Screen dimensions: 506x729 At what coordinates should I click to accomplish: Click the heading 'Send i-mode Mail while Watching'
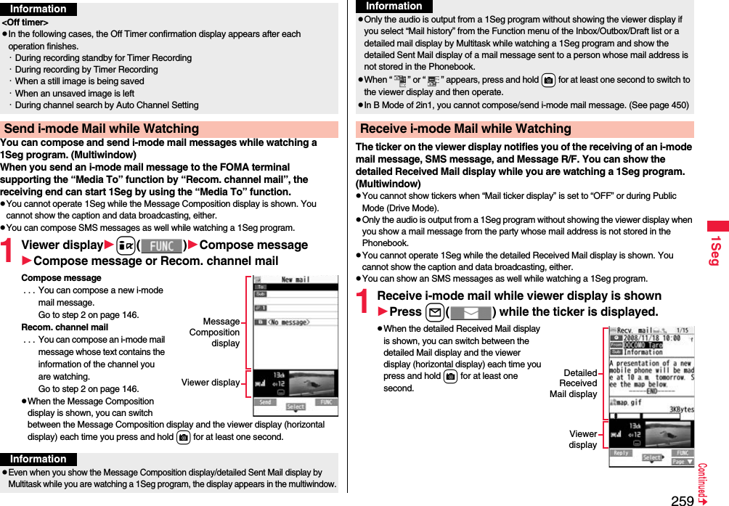101,129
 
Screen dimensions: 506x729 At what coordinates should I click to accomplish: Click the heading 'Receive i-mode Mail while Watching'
465,129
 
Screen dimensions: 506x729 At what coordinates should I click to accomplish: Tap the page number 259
682,500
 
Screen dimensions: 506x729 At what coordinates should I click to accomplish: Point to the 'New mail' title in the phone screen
296,279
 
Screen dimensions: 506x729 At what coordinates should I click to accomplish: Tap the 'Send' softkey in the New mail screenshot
266,402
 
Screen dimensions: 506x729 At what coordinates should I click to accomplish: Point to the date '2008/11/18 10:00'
651,338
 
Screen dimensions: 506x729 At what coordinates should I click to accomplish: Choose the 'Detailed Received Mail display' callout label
573,383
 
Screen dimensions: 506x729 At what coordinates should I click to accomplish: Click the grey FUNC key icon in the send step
161,246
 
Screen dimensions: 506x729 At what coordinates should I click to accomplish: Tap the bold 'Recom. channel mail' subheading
65,327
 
